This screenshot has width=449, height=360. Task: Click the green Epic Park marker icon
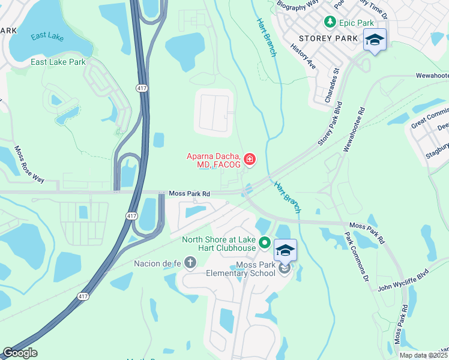330,22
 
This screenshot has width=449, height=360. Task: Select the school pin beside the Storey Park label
375,40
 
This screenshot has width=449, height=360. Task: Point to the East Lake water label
47,37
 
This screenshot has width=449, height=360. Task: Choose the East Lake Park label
58,62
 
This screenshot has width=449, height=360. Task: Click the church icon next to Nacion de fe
190,262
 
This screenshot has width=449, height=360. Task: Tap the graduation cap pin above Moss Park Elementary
285,250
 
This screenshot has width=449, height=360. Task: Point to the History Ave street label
303,55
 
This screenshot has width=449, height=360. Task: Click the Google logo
20,353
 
